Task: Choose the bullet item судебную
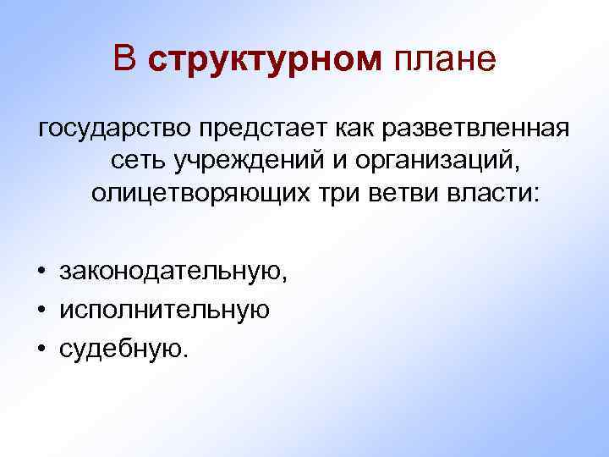click(121, 347)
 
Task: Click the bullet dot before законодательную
click(41, 273)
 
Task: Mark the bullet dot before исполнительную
click(41, 310)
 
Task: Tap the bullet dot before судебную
click(41, 347)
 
